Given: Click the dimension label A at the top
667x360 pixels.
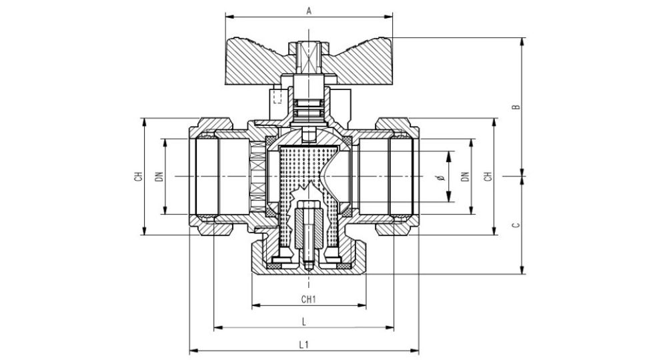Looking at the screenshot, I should pyautogui.click(x=308, y=10).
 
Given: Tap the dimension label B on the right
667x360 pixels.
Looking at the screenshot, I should pyautogui.click(x=515, y=107).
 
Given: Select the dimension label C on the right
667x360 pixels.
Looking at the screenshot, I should pyautogui.click(x=515, y=225).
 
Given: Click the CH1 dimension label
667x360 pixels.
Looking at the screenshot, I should pyautogui.click(x=308, y=299).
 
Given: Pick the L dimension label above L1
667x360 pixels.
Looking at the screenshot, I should pyautogui.click(x=303, y=321).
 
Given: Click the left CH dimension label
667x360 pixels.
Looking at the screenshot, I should pyautogui.click(x=138, y=177).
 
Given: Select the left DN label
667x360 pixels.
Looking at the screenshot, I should pyautogui.click(x=159, y=177).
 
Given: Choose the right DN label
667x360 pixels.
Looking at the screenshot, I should pyautogui.click(x=466, y=177).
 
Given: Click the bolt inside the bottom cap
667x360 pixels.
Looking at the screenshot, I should pyautogui.click(x=308, y=233).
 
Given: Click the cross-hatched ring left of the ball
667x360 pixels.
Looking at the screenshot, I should pyautogui.click(x=255, y=177).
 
